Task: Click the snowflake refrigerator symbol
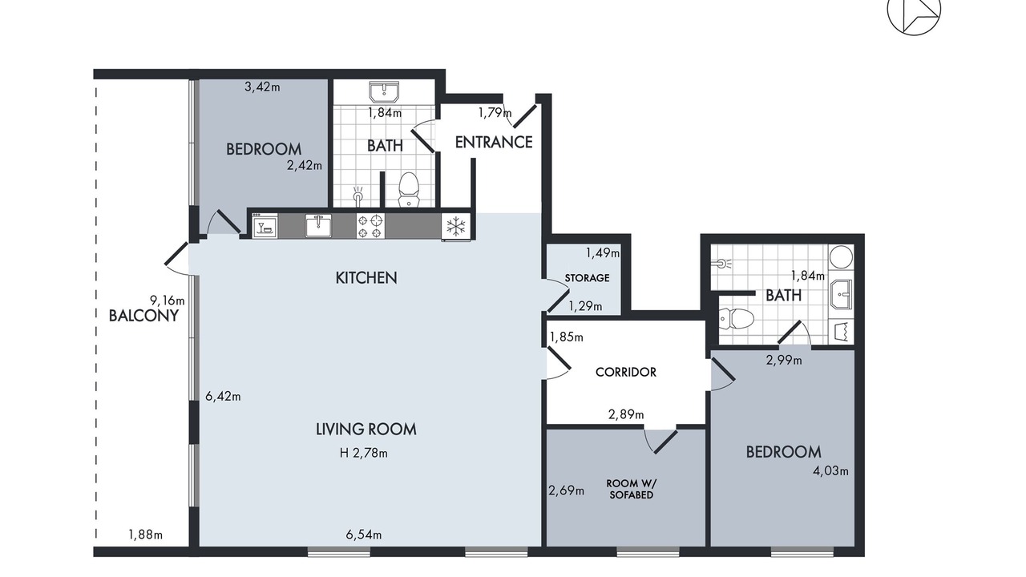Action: (x=456, y=226)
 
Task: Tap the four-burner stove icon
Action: (x=370, y=226)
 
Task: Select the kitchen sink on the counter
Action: (x=318, y=225)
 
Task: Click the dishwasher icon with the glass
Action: (x=265, y=226)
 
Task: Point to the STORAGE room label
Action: (x=587, y=278)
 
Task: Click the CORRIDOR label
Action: (x=626, y=372)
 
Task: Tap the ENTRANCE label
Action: (x=493, y=143)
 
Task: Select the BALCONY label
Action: (x=143, y=316)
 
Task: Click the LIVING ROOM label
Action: (x=366, y=430)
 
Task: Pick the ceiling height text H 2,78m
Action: (x=364, y=454)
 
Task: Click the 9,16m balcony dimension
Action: (x=168, y=301)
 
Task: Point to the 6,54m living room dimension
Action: (x=364, y=535)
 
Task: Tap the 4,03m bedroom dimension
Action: (x=830, y=470)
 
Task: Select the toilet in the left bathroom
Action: (x=409, y=190)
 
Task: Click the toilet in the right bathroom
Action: (x=736, y=318)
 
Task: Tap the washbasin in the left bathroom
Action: (x=384, y=92)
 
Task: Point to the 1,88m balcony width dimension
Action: (x=145, y=535)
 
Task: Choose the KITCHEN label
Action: (x=366, y=278)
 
